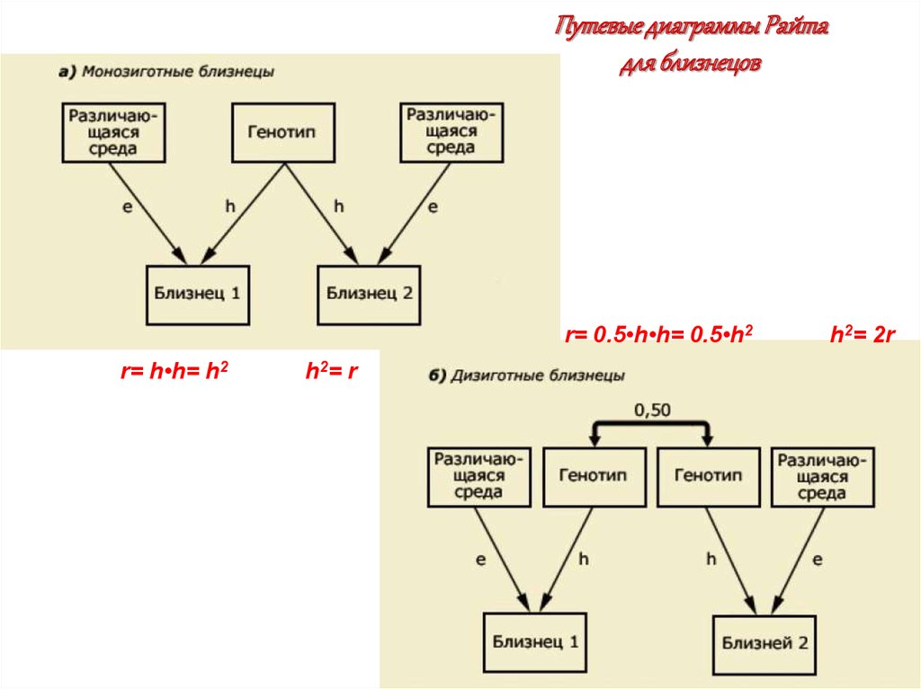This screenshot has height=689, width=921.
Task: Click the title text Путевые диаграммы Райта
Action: pyautogui.click(x=691, y=26)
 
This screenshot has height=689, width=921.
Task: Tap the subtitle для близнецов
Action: pyautogui.click(x=691, y=65)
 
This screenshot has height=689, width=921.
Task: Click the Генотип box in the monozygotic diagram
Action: pyautogui.click(x=285, y=133)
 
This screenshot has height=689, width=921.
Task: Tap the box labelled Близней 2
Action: pyautogui.click(x=765, y=643)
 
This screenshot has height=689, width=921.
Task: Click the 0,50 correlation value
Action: pyautogui.click(x=652, y=411)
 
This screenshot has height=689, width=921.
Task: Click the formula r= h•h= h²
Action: pyautogui.click(x=173, y=370)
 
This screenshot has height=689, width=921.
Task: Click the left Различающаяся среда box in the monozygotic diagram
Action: pyautogui.click(x=114, y=132)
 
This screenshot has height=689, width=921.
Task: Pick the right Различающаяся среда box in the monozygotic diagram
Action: pyautogui.click(x=452, y=132)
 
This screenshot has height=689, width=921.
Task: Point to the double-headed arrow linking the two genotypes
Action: pyautogui.click(x=650, y=428)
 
